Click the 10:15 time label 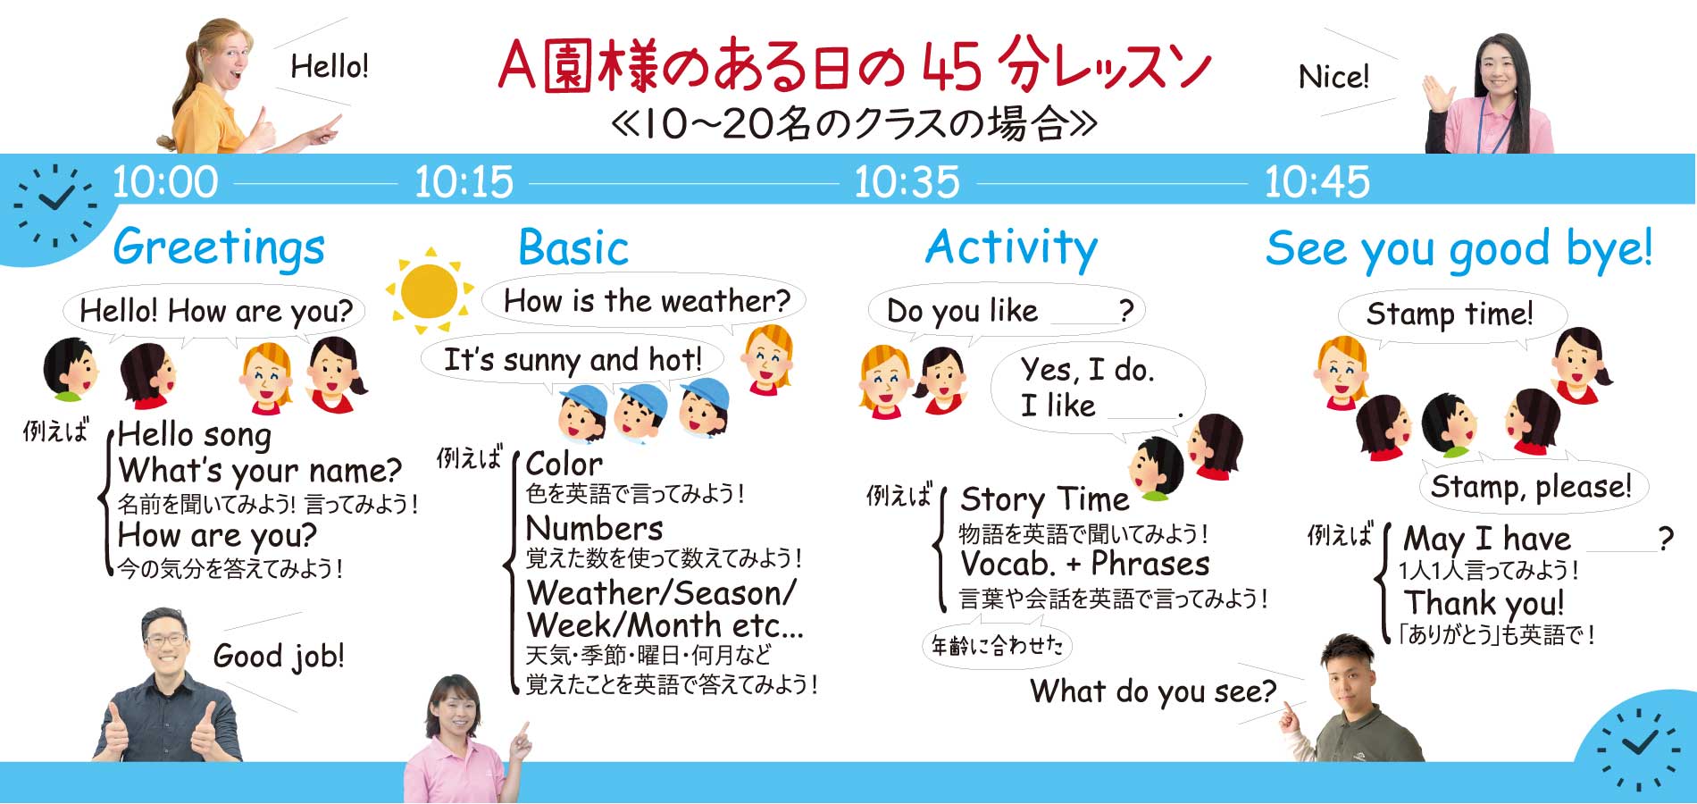point(464,182)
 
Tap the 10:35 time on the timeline point(907,182)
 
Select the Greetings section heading point(219,247)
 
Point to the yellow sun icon point(429,290)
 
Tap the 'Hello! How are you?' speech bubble point(215,312)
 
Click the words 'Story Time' point(1045,498)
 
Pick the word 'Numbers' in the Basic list point(595,528)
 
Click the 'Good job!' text point(279,657)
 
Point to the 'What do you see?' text point(1153,691)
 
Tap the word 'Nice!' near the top point(1333,77)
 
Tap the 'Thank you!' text point(1484,604)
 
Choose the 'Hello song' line point(195,435)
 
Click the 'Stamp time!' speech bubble point(1451,315)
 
